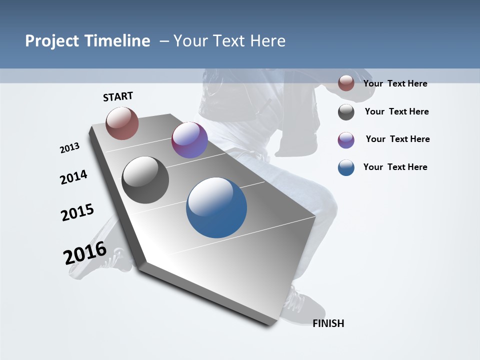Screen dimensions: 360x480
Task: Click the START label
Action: pos(118,96)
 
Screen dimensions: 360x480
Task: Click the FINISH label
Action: pos(328,323)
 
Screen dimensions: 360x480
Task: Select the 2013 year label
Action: pos(69,148)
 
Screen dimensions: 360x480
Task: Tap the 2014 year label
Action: pos(73,177)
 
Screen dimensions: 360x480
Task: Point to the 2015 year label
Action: pos(77,212)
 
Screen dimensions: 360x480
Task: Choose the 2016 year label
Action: pos(85,253)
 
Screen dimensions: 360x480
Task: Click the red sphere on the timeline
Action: pos(122,123)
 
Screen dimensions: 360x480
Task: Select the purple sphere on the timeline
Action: pos(189,140)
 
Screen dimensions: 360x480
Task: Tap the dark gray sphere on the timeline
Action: pos(145,180)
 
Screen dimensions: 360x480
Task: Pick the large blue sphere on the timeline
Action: pos(216,207)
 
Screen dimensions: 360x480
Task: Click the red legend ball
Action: pos(346,83)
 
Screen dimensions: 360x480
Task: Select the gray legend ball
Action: pos(346,112)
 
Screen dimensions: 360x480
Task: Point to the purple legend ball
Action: pos(346,140)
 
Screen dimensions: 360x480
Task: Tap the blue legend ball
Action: pos(346,168)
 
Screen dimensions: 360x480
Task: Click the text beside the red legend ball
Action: pos(395,83)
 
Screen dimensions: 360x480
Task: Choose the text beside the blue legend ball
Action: pos(395,167)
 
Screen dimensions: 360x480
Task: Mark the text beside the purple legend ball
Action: pos(397,139)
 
